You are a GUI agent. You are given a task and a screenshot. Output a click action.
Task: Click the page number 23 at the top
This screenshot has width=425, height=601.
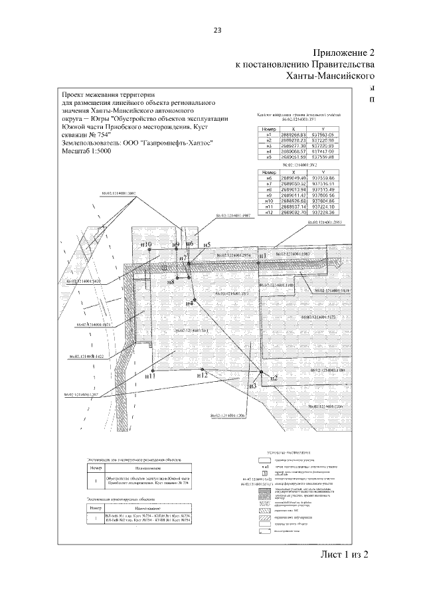pos(216,29)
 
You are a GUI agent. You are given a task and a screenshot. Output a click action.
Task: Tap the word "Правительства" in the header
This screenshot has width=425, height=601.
pos(341,65)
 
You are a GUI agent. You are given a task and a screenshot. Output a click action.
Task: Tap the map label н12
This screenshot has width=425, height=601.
pos(203,375)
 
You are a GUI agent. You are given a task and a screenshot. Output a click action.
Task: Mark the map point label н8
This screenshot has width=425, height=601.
pos(171,282)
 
